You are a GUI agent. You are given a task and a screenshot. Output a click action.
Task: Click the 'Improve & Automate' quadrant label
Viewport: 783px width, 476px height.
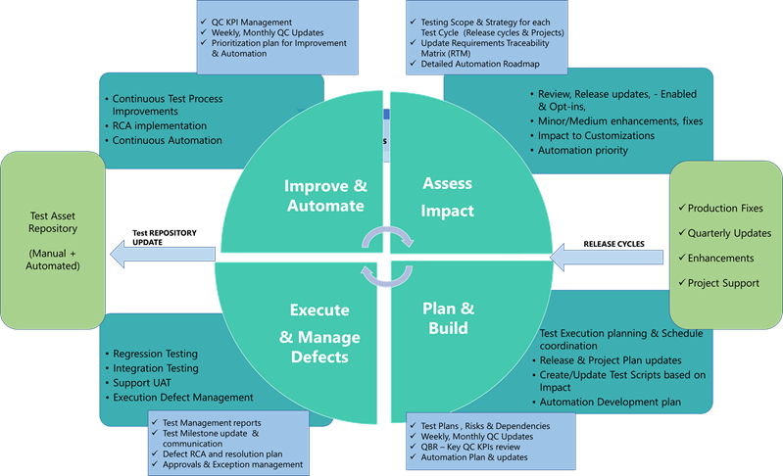tap(325, 196)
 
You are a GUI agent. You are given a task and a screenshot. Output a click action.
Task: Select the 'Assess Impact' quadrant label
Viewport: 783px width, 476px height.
tap(447, 197)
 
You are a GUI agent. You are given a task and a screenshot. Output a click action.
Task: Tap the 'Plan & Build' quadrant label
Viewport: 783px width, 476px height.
tap(448, 317)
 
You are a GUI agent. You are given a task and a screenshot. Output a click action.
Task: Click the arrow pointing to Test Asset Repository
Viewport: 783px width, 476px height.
tap(162, 256)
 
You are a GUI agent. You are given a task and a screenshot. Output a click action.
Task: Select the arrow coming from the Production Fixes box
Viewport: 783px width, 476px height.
tap(610, 256)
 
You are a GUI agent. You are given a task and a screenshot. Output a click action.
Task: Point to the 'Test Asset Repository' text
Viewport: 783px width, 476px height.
tap(53, 223)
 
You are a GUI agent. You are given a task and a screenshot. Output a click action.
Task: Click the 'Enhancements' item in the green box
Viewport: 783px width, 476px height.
tap(720, 258)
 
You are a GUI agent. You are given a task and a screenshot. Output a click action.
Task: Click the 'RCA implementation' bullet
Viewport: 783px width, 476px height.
tap(159, 125)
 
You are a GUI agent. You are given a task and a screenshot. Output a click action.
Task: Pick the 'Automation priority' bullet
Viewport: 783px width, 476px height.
tap(584, 150)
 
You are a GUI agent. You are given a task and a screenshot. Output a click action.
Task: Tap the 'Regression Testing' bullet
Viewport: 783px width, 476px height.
tap(155, 354)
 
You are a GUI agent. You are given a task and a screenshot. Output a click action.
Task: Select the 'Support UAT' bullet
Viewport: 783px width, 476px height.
tap(143, 382)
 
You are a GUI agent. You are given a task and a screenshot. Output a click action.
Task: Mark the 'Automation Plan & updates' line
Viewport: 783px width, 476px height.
tap(473, 457)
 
